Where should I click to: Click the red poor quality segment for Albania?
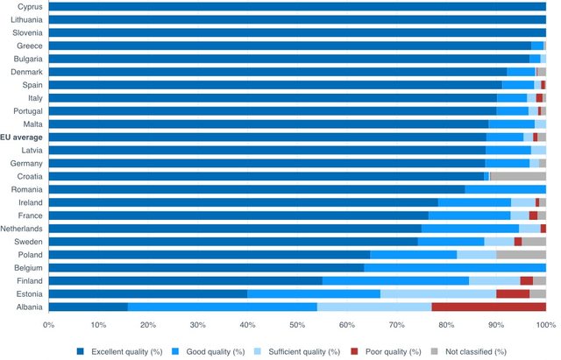pyautogui.click(x=489, y=307)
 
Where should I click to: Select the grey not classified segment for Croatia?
pyautogui.click(x=518, y=176)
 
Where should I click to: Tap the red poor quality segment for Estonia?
pyautogui.click(x=513, y=293)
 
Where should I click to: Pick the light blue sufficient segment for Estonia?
pyautogui.click(x=438, y=293)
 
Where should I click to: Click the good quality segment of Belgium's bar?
pyautogui.click(x=455, y=268)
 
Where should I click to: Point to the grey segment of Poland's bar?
pyautogui.click(x=522, y=255)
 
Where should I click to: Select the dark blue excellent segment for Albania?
pyautogui.click(x=89, y=307)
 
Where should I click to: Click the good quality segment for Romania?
pyautogui.click(x=506, y=189)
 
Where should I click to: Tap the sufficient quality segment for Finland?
pyautogui.click(x=494, y=281)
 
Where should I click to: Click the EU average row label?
pyautogui.click(x=21, y=138)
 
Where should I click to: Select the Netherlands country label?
pyautogui.click(x=21, y=229)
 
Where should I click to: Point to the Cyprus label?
pyautogui.click(x=30, y=7)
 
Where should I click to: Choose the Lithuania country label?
pyautogui.click(x=26, y=19)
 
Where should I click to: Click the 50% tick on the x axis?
pyautogui.click(x=297, y=325)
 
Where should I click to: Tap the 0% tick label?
pyautogui.click(x=49, y=325)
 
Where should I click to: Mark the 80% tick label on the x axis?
pyautogui.click(x=446, y=325)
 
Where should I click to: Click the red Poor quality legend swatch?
pyautogui.click(x=354, y=351)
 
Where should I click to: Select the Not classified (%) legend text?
pyautogui.click(x=476, y=352)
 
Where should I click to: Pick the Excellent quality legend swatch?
pyautogui.click(x=81, y=351)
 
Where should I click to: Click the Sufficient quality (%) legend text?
pyautogui.click(x=304, y=352)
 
